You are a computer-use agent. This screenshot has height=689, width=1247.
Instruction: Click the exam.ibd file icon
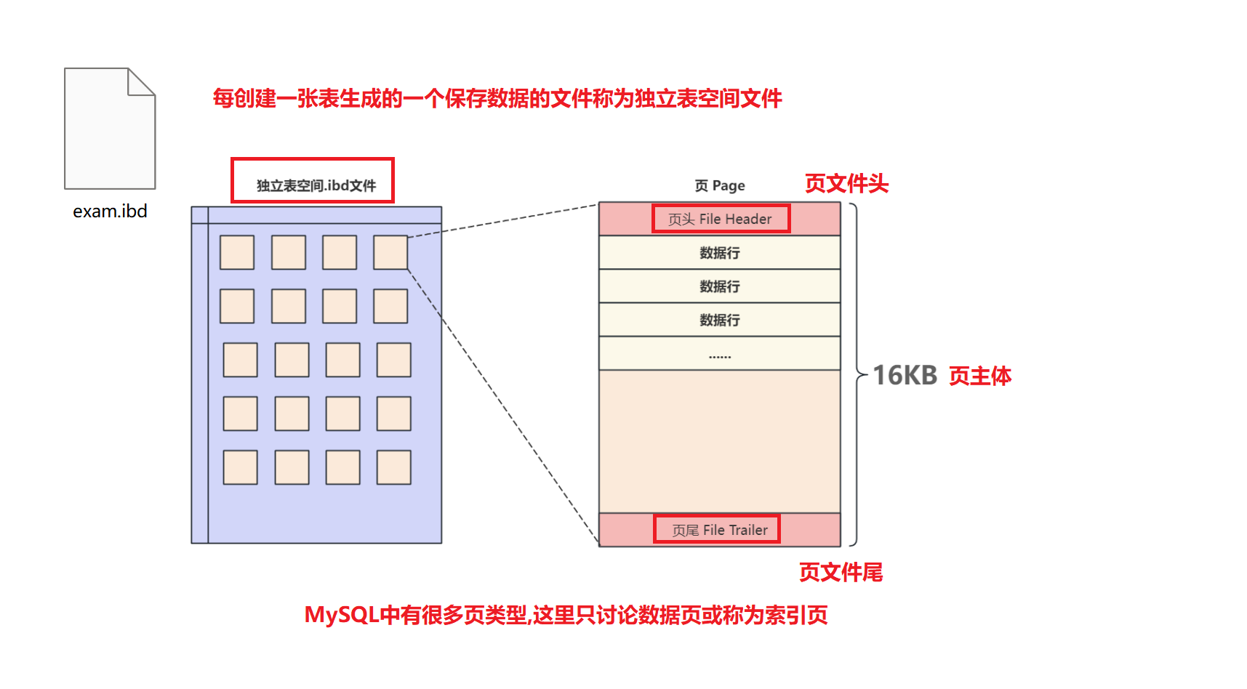[x=109, y=129]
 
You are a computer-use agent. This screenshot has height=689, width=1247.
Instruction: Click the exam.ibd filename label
[x=110, y=211]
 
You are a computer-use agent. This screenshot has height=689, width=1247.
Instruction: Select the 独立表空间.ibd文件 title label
[x=316, y=185]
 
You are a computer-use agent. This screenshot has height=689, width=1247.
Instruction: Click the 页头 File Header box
[x=720, y=219]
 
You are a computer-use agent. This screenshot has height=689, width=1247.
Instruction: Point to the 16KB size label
[x=905, y=376]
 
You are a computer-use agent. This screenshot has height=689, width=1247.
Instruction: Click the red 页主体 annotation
[x=980, y=376]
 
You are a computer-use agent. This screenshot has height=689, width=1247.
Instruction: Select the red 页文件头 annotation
[x=846, y=184]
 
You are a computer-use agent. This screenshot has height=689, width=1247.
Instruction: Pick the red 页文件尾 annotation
[x=841, y=573]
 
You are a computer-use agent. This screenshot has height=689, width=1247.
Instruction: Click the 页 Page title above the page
[x=720, y=186]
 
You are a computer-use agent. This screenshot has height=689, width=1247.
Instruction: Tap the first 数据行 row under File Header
[x=720, y=253]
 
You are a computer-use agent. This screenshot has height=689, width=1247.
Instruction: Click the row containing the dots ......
[x=720, y=354]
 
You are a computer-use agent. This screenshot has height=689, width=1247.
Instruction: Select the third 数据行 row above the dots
[x=720, y=320]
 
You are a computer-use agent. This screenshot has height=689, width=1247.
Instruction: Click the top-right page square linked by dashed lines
[x=390, y=252]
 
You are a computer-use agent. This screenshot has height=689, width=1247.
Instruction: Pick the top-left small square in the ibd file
[x=237, y=252]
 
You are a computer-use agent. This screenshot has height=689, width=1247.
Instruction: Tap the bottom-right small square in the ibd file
[x=393, y=467]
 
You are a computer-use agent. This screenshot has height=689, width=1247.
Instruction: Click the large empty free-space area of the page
[x=720, y=441]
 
